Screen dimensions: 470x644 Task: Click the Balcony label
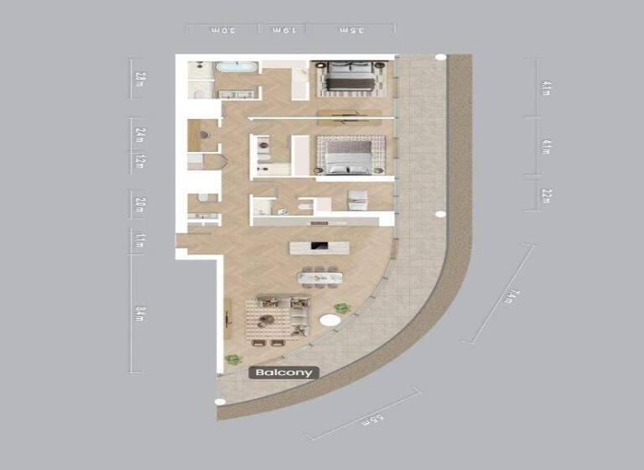(284, 373)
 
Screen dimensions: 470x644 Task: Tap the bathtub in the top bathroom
(227, 70)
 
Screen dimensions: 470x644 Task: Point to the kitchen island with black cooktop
(318, 248)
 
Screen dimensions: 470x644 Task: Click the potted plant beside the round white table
(341, 308)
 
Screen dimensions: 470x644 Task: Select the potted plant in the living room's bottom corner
(234, 358)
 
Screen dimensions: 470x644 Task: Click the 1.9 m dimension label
(283, 30)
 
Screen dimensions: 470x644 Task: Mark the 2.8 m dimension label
(140, 80)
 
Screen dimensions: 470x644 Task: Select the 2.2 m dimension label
(547, 196)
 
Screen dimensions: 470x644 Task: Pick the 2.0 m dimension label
(140, 204)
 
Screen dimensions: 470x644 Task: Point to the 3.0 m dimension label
(221, 30)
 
